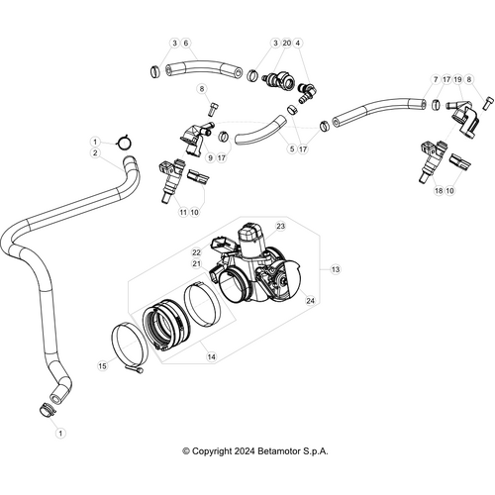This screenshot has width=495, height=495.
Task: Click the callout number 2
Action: [95, 153]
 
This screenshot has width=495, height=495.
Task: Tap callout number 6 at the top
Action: [186, 44]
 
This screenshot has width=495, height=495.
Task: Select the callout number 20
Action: [286, 44]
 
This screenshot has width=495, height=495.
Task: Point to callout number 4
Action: [298, 44]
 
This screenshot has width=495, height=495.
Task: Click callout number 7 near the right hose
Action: [435, 77]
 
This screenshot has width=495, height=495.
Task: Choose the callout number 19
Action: [457, 77]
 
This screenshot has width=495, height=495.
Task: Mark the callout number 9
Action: [209, 157]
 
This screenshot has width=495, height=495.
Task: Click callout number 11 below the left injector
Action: [182, 212]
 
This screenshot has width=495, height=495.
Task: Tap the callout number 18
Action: [439, 190]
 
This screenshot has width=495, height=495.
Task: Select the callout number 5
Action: [292, 148]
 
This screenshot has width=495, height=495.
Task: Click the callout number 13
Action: [335, 269]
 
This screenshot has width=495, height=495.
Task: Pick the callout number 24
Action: [310, 300]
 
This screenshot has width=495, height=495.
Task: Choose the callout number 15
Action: [102, 366]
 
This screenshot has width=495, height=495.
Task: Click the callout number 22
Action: [197, 253]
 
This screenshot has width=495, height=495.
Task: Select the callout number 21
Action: [197, 264]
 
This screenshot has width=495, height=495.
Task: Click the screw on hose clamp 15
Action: [142, 371]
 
